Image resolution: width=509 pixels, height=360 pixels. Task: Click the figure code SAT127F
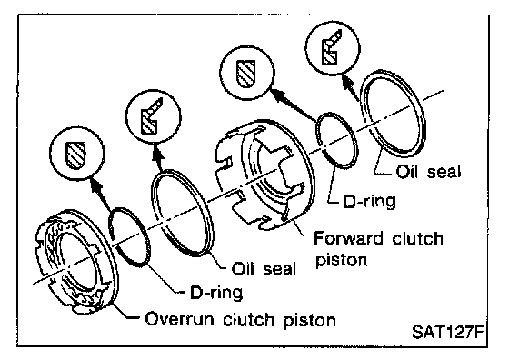tap(449, 332)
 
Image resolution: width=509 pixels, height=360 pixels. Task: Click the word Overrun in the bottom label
tap(180, 319)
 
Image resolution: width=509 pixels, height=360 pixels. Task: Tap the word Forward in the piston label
tap(348, 238)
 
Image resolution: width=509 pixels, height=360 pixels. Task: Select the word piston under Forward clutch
tap(342, 260)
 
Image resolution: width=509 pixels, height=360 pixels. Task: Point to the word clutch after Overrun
tap(249, 319)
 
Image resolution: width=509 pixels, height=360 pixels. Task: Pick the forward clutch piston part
tap(264, 173)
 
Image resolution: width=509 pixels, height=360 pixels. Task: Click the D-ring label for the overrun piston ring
tap(216, 292)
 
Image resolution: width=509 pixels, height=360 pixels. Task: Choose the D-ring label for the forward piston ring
tap(370, 201)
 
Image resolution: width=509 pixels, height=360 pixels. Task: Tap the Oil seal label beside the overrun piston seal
tap(264, 269)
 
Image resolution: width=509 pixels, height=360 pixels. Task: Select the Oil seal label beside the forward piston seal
tap(428, 172)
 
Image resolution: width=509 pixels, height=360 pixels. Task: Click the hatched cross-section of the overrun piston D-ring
tap(75, 155)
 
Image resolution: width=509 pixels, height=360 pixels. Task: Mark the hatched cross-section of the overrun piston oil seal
tap(150, 118)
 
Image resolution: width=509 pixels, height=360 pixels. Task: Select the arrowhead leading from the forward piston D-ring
tap(278, 93)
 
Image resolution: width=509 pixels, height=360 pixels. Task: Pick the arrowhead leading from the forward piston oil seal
tap(347, 82)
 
